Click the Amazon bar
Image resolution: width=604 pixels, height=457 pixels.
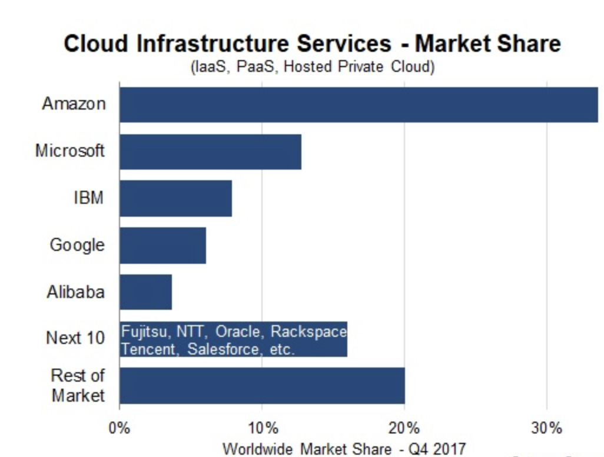coord(359,105)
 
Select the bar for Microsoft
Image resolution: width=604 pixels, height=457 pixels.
coord(210,151)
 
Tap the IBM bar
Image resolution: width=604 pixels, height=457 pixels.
coord(175,198)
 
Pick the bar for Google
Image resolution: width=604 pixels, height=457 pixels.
coord(162,245)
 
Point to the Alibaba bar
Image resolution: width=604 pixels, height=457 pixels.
coord(145,292)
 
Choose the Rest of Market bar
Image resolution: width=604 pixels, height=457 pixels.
coord(262,386)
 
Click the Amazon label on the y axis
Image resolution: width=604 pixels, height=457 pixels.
coord(74,104)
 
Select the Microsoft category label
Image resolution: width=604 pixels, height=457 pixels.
coord(69,151)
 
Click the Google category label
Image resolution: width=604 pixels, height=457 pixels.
coord(77,245)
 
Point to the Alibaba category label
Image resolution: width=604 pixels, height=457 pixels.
coord(75,292)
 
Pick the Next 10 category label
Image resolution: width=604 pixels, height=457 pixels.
coord(75,338)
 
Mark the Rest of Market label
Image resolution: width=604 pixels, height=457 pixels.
coord(77,385)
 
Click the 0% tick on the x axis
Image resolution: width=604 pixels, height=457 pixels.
coord(120,428)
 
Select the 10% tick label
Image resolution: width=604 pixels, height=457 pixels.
coord(262,428)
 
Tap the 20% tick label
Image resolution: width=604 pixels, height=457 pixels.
coord(404,428)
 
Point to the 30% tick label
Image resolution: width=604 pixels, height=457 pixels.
coord(547,428)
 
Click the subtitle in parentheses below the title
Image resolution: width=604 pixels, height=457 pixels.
coord(312,67)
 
